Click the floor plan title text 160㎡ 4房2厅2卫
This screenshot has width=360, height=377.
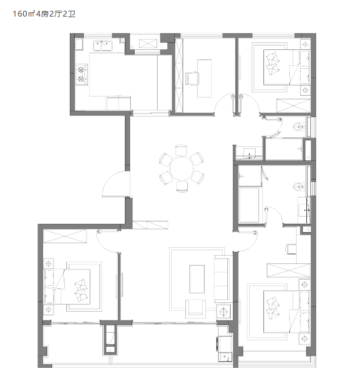coord(44,14)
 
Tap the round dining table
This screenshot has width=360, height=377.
coord(181,168)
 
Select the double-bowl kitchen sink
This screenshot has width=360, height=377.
coord(103,46)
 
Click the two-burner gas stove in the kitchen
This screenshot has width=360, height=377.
coord(81,74)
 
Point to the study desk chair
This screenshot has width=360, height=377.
coord(192,78)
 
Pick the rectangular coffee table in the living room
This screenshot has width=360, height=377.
coord(197,279)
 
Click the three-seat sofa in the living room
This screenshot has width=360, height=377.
coord(222,279)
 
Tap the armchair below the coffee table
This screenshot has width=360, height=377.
coord(195,309)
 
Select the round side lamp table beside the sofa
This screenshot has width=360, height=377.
coord(223,312)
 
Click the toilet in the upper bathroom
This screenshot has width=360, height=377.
coord(299,126)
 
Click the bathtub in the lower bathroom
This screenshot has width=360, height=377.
coord(249,205)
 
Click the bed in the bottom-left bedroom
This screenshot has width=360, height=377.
coord(67,286)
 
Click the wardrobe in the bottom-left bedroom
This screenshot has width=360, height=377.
coord(65,236)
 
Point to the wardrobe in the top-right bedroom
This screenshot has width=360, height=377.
coord(293,105)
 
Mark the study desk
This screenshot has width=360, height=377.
coord(204,79)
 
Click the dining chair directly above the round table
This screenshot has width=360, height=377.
coord(181,150)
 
